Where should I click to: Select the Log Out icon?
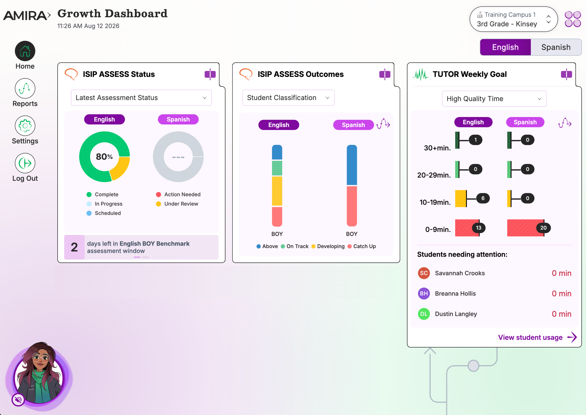(x=25, y=163)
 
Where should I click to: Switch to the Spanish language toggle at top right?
(x=556, y=47)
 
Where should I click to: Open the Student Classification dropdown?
(x=288, y=98)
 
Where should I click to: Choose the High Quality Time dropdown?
(x=494, y=99)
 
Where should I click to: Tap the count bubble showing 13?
(x=478, y=228)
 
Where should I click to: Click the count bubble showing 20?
(x=543, y=228)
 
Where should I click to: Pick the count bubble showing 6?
(x=483, y=198)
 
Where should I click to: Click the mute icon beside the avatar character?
(x=18, y=399)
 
